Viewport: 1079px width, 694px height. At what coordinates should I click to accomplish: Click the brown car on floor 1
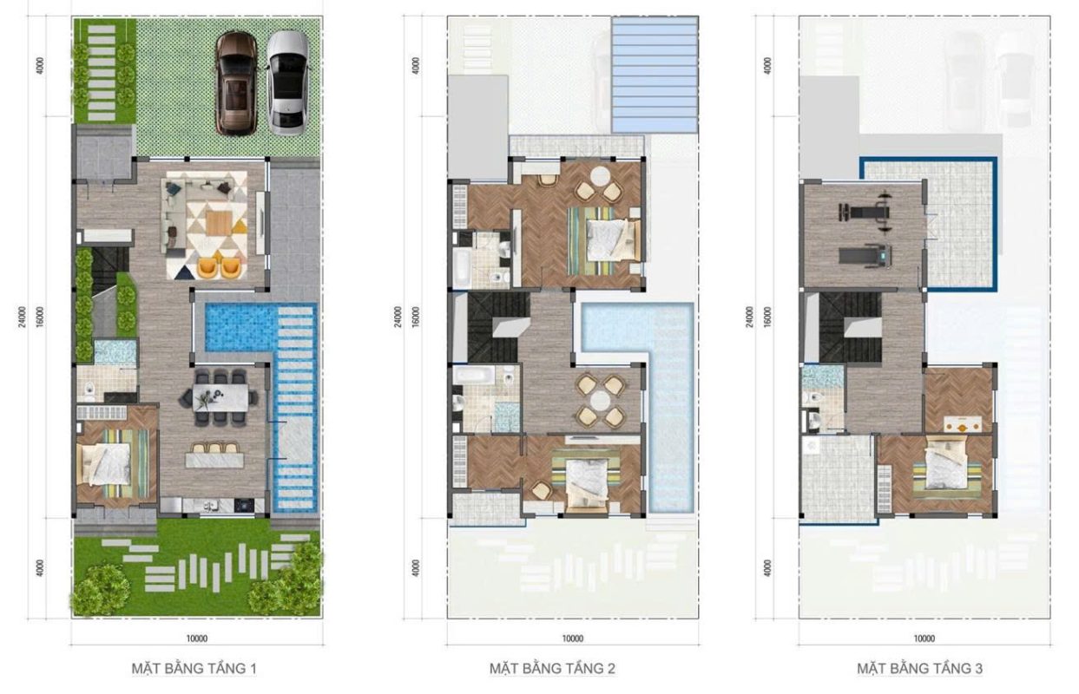click(x=237, y=82)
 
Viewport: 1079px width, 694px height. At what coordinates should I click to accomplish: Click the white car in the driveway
click(x=287, y=82)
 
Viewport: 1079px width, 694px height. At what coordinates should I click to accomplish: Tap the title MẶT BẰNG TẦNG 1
click(x=194, y=669)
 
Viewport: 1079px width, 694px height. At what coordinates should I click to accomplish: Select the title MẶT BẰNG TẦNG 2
click(x=552, y=669)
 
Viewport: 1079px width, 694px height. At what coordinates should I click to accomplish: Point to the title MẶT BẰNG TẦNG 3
click(x=919, y=669)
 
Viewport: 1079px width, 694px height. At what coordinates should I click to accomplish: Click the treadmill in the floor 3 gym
click(x=865, y=255)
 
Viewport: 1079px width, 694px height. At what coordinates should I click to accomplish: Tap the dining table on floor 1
click(x=220, y=397)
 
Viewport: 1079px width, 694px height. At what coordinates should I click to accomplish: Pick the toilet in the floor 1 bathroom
click(x=89, y=390)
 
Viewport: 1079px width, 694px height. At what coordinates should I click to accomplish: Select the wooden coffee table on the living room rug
click(x=219, y=223)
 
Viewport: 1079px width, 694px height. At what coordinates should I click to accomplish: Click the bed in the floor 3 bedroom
click(x=945, y=468)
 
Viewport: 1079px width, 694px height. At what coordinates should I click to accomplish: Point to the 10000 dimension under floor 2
click(x=573, y=638)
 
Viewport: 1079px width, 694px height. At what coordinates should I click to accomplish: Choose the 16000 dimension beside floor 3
click(x=768, y=317)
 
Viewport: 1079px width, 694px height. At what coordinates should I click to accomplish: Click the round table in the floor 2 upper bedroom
click(x=600, y=175)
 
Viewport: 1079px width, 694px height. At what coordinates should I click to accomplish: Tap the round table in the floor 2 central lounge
click(x=601, y=401)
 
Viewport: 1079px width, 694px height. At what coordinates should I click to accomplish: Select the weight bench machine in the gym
click(x=866, y=211)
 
